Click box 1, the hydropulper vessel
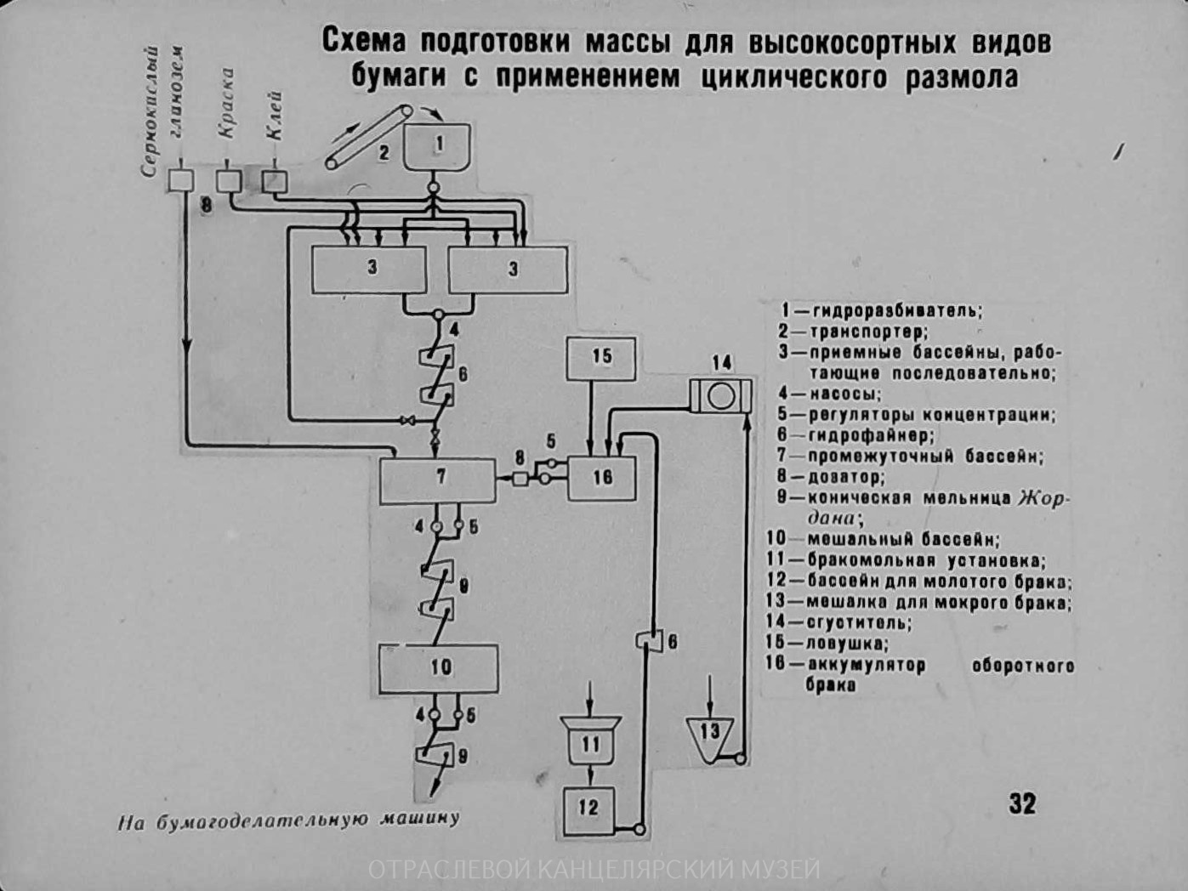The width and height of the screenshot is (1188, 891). (x=438, y=146)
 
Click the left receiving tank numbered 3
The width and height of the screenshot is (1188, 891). (x=370, y=270)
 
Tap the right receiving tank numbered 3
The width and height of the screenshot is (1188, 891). (x=509, y=270)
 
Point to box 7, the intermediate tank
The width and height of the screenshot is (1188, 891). (x=438, y=480)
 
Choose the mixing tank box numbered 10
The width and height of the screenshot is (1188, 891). (x=439, y=668)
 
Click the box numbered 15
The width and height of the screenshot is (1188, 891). (x=601, y=357)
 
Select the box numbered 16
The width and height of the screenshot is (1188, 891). (x=602, y=478)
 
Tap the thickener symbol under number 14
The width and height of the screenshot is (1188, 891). (x=721, y=396)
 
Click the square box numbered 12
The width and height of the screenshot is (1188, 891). (x=588, y=809)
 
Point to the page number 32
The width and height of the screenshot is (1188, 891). (x=1022, y=803)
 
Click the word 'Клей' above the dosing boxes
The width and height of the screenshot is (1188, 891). (x=274, y=118)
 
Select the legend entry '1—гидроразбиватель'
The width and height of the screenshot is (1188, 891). (x=881, y=310)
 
